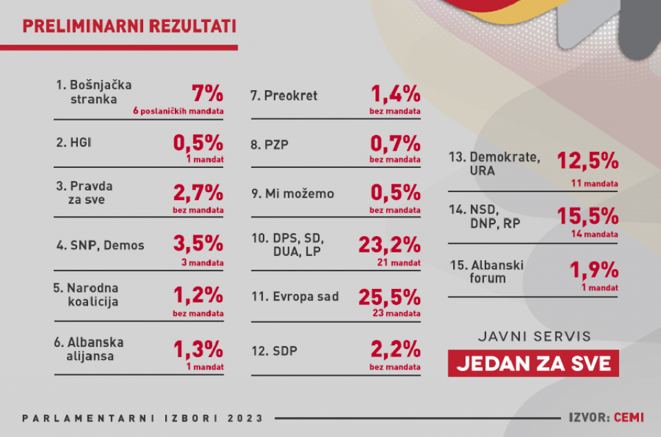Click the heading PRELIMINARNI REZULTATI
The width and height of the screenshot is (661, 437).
click(129, 26)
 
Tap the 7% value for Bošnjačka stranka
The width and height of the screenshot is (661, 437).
click(207, 93)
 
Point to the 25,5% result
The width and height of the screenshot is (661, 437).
click(389, 297)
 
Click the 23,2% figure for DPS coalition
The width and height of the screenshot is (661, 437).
click(389, 244)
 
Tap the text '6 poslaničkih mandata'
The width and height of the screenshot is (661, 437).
click(178, 110)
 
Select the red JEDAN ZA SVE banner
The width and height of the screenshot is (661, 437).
click(533, 363)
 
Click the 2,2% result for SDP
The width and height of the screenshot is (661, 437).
click(395, 350)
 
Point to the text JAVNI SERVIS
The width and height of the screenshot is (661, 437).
click(534, 337)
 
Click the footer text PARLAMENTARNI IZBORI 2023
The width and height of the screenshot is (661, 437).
click(143, 418)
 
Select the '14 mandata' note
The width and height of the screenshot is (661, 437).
click(596, 234)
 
